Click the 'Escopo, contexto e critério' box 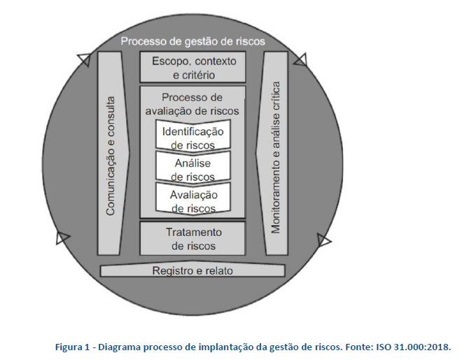[x=192, y=67]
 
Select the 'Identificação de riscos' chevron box [x=192, y=136]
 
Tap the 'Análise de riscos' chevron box [x=192, y=167]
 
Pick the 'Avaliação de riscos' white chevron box [x=192, y=199]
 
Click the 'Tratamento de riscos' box [x=192, y=239]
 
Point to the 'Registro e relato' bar [x=192, y=270]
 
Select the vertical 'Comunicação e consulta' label [x=110, y=156]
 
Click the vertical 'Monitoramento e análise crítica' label [x=275, y=158]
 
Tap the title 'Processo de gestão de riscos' [x=193, y=41]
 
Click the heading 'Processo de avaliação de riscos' [x=192, y=104]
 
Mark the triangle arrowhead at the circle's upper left [x=84, y=60]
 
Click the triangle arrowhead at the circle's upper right [x=301, y=60]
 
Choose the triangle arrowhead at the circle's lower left [x=62, y=237]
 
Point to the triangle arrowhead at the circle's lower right [x=324, y=240]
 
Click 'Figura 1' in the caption [x=72, y=347]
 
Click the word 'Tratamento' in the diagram [x=194, y=233]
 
